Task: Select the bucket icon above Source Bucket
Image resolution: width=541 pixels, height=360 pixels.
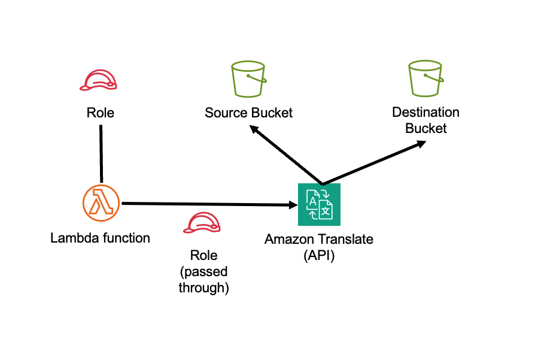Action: point(248,80)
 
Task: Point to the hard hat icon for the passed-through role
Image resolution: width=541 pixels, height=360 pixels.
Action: point(203,223)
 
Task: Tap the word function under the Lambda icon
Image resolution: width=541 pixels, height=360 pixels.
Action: point(127,238)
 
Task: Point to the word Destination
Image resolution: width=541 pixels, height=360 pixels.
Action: point(425,113)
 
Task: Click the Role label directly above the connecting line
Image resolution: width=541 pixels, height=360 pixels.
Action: point(100,113)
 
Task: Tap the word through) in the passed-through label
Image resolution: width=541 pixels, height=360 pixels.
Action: point(203,288)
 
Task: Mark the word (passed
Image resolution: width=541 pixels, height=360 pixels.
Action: point(203,272)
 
